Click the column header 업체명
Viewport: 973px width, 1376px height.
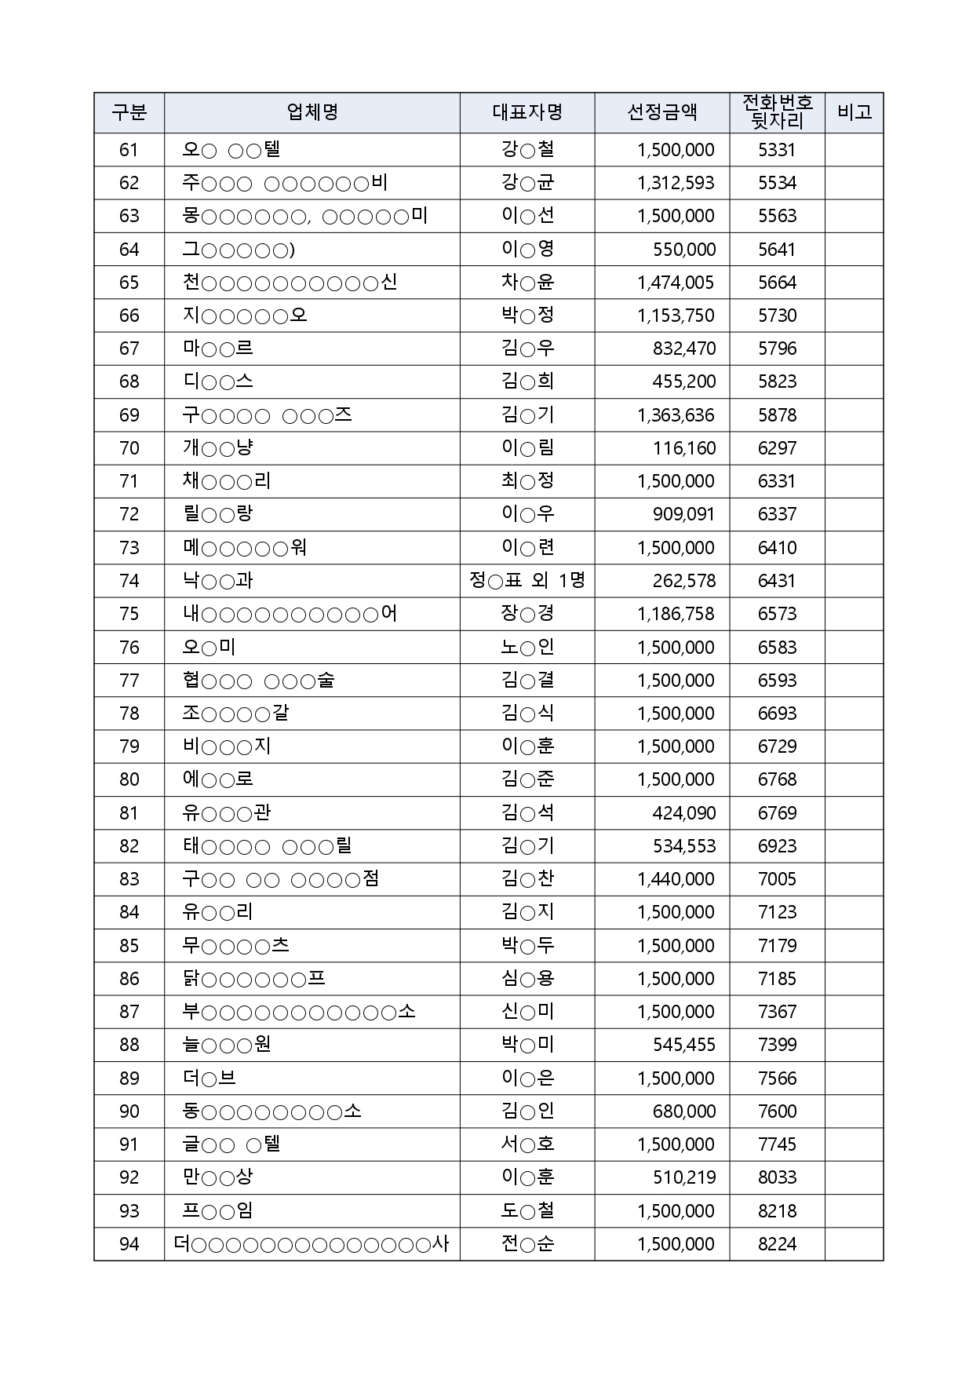coord(312,112)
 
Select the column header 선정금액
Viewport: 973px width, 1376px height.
coord(661,112)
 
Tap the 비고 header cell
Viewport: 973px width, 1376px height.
coord(854,112)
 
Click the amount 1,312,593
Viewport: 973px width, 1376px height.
coord(676,183)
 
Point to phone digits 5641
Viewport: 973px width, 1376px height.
coord(777,250)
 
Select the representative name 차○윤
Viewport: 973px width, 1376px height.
coord(527,283)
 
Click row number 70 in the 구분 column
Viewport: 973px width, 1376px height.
coord(129,448)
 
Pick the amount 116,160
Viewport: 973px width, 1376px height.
coord(684,448)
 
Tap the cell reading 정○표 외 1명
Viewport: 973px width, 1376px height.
coord(527,581)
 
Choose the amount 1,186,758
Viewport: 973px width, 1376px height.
coord(676,614)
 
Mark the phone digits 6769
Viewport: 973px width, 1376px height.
coord(777,813)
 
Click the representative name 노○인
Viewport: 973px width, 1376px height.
coord(527,648)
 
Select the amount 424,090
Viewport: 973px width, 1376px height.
coord(683,813)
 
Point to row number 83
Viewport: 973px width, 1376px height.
coord(129,879)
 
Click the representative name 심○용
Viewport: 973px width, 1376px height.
coord(527,979)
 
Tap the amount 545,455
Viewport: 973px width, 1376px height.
coord(684,1045)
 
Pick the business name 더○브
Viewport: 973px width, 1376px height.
coord(209,1079)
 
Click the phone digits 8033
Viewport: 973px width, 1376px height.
coord(777,1177)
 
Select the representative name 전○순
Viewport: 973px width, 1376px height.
coord(527,1244)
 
